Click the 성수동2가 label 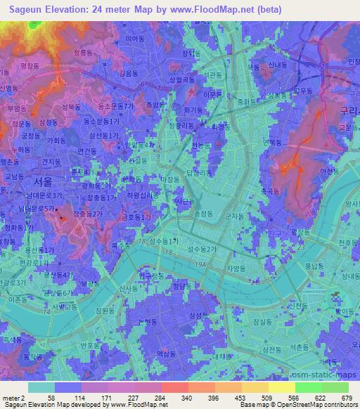pos(202,249)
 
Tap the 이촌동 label pos(16,298)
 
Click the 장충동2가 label pos(91,214)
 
